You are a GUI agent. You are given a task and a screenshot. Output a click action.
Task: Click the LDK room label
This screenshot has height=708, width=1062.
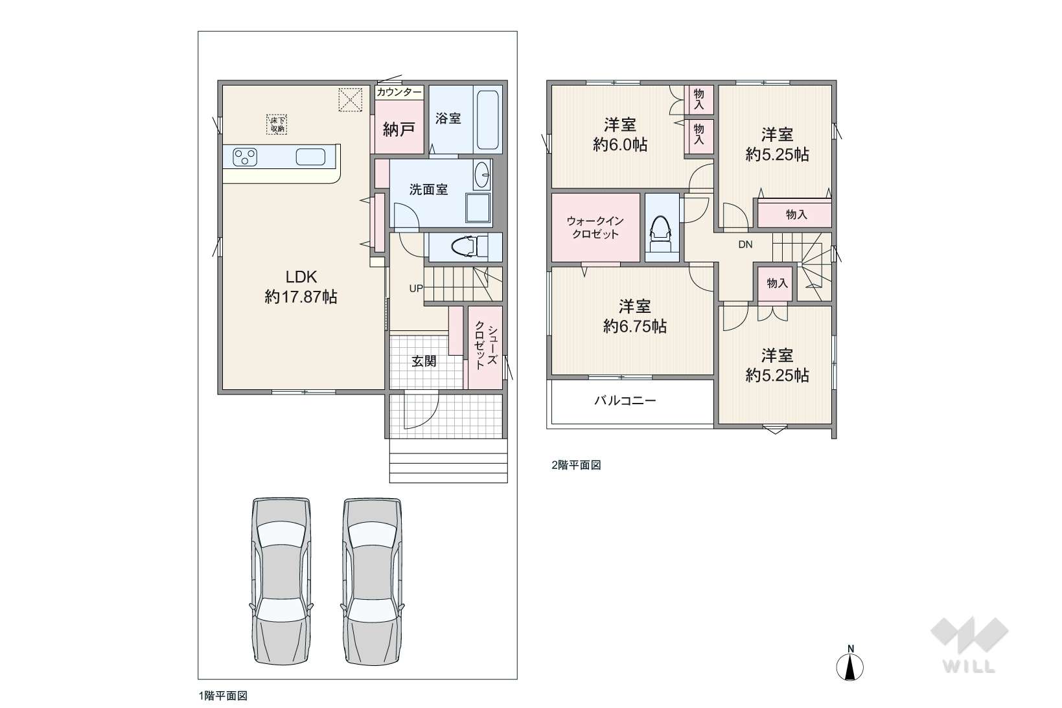tap(301, 277)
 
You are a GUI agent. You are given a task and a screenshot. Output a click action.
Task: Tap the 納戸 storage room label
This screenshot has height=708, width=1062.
tap(398, 129)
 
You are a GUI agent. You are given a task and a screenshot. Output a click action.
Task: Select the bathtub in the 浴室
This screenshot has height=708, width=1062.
tap(487, 119)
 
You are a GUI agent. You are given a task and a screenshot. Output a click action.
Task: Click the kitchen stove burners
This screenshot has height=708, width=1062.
tap(245, 157)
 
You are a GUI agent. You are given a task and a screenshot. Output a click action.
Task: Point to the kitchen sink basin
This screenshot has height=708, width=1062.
tap(310, 157)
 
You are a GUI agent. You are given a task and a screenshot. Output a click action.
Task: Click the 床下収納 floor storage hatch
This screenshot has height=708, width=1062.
tap(277, 124)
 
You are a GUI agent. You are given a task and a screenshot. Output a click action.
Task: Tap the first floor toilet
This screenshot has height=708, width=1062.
tap(470, 246)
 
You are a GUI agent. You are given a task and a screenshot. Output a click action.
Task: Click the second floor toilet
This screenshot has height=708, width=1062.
tap(661, 235)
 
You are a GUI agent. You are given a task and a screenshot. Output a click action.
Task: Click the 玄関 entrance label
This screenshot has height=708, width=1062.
tap(424, 361)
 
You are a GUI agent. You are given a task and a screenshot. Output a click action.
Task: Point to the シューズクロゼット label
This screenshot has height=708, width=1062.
tap(486, 345)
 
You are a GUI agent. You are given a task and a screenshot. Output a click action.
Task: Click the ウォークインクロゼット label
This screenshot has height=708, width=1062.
tap(595, 227)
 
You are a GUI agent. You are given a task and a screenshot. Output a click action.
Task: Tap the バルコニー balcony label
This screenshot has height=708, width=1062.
tap(625, 401)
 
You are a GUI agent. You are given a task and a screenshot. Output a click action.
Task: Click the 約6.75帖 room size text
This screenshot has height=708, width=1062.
tap(635, 326)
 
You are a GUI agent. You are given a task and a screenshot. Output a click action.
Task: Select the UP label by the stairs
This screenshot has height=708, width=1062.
tap(416, 288)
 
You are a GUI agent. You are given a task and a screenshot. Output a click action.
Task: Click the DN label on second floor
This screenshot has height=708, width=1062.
tap(745, 245)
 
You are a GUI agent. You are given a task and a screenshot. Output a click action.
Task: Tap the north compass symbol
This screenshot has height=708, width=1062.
tap(850, 664)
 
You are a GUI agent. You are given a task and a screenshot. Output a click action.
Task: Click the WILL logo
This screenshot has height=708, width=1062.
tap(969, 645)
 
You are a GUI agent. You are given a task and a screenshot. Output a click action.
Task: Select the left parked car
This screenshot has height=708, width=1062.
tap(281, 581)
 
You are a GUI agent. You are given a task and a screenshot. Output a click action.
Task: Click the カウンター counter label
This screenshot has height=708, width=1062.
tap(399, 92)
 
